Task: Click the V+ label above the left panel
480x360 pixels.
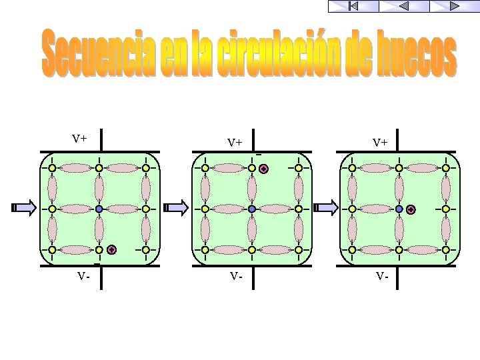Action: (x=80, y=139)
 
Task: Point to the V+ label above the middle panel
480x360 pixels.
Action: (x=234, y=142)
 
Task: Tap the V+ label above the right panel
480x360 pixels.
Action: (x=381, y=142)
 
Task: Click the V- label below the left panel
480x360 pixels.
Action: (x=83, y=275)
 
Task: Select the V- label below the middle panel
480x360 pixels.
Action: (x=234, y=275)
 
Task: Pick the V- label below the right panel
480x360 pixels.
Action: (x=381, y=275)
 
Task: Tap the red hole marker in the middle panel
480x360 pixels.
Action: (x=264, y=169)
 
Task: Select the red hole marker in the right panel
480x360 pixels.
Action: (x=411, y=209)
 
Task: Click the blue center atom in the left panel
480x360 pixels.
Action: (x=99, y=209)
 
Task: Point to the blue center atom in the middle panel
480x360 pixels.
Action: (x=252, y=209)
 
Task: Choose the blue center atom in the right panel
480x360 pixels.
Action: (x=399, y=209)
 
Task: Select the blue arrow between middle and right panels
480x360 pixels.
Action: (x=326, y=208)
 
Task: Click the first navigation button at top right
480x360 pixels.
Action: (x=353, y=6)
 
